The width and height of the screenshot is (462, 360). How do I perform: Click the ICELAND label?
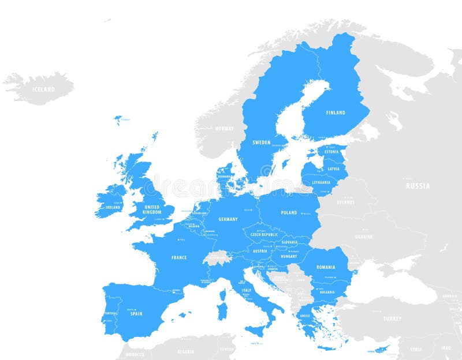coord(43,89)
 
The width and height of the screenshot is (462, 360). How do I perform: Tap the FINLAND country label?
coord(336,112)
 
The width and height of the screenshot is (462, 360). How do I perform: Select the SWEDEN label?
coord(262,142)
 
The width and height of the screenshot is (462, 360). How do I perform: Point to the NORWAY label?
coord(225,128)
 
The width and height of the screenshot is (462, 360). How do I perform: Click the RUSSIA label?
coord(418,186)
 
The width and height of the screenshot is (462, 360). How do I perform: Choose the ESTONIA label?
coord(331,152)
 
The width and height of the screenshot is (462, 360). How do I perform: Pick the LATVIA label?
coord(334,168)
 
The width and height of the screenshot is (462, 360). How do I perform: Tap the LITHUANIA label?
coord(321,182)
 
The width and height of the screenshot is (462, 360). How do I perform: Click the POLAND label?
coord(289,212)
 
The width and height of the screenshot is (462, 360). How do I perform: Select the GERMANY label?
coord(228,219)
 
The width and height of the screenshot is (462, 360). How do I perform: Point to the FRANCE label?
coord(179,257)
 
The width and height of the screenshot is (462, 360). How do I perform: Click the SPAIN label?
coord(136,314)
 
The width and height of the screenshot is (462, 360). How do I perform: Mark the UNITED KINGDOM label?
coord(152,209)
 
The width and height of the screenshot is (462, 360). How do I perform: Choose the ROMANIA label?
coord(326,267)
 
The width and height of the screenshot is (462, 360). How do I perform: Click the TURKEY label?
coord(392,318)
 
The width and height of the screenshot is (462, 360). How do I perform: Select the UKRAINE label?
coord(364,237)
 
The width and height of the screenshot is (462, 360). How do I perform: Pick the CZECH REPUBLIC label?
coord(264,235)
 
